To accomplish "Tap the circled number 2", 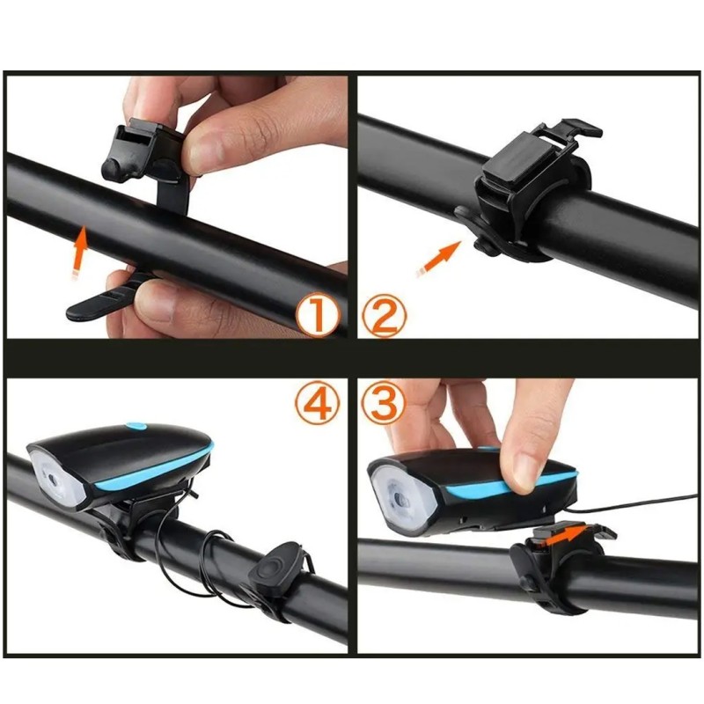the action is pos(385,316).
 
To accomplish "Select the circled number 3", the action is pos(385,403).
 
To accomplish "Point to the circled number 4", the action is pos(318,403).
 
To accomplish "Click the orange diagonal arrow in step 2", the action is pos(438,260).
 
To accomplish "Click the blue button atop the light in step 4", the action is pos(137,425).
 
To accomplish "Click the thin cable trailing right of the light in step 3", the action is pos(628,503).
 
